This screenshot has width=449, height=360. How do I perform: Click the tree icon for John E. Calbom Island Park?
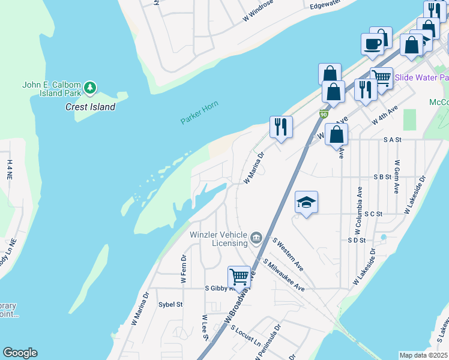point(91,88)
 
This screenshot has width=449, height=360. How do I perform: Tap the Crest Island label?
point(90,107)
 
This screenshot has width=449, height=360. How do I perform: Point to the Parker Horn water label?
point(199,113)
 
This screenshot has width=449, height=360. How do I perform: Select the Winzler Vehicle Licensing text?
point(218,239)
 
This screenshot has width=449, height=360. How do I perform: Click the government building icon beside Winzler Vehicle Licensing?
point(257,238)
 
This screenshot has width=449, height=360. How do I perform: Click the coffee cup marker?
point(372,44)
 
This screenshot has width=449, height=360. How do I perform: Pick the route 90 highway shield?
point(324,114)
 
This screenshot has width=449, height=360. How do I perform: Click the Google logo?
point(20,353)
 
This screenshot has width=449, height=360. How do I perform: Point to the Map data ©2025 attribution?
point(423,355)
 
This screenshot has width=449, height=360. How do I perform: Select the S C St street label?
point(373,214)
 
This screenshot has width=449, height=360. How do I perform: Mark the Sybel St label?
point(170,304)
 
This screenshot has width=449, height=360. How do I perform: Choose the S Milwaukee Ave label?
point(284,275)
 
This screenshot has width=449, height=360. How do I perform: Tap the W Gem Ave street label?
point(397,176)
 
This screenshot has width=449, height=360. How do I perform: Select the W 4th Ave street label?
point(385,115)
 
